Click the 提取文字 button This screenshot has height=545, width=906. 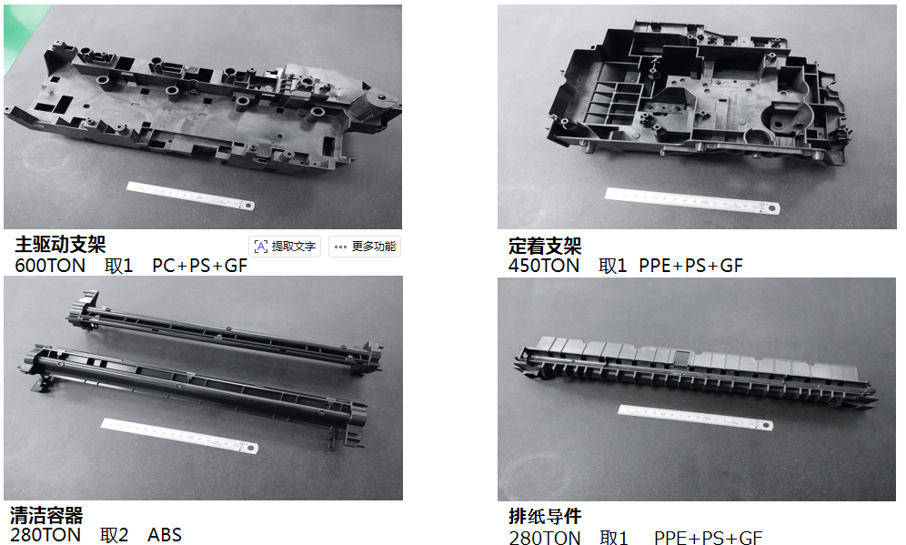pos(285,247)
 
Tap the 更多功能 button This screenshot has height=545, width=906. pos(365,247)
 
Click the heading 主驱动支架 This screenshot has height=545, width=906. pos(60,245)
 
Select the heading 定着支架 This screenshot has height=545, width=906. pos(545,247)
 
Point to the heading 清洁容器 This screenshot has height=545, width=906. pos(46,515)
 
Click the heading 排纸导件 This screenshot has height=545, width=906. pos(545,516)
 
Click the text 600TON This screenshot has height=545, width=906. pos(50,266)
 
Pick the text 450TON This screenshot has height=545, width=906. pos(544,266)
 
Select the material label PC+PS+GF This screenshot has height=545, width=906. pos(200,266)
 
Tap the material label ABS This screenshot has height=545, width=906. pos(165,535)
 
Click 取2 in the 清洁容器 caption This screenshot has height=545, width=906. pos(114,535)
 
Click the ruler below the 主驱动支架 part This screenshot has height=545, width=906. pos(190,196)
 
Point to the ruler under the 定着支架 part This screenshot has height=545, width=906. pos(692,200)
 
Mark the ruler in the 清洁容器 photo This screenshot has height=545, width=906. pos(180,436)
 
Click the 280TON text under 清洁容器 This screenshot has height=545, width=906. pos(45,535)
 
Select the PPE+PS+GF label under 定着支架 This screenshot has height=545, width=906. pos(691,266)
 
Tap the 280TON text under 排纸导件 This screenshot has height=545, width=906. pos(545,538)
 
